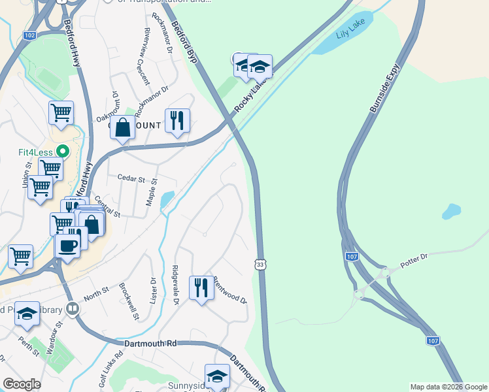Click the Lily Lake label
click(348, 35)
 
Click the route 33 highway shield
click(260, 263)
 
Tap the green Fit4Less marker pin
click(63, 151)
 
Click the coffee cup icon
click(67, 246)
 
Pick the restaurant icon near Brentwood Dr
click(201, 287)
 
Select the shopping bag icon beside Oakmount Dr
click(122, 127)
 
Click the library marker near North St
click(73, 308)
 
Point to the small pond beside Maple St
click(167, 197)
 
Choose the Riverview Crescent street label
click(147, 56)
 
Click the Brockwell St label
click(129, 302)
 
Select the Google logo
click(22, 384)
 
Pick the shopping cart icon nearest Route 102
click(61, 112)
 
